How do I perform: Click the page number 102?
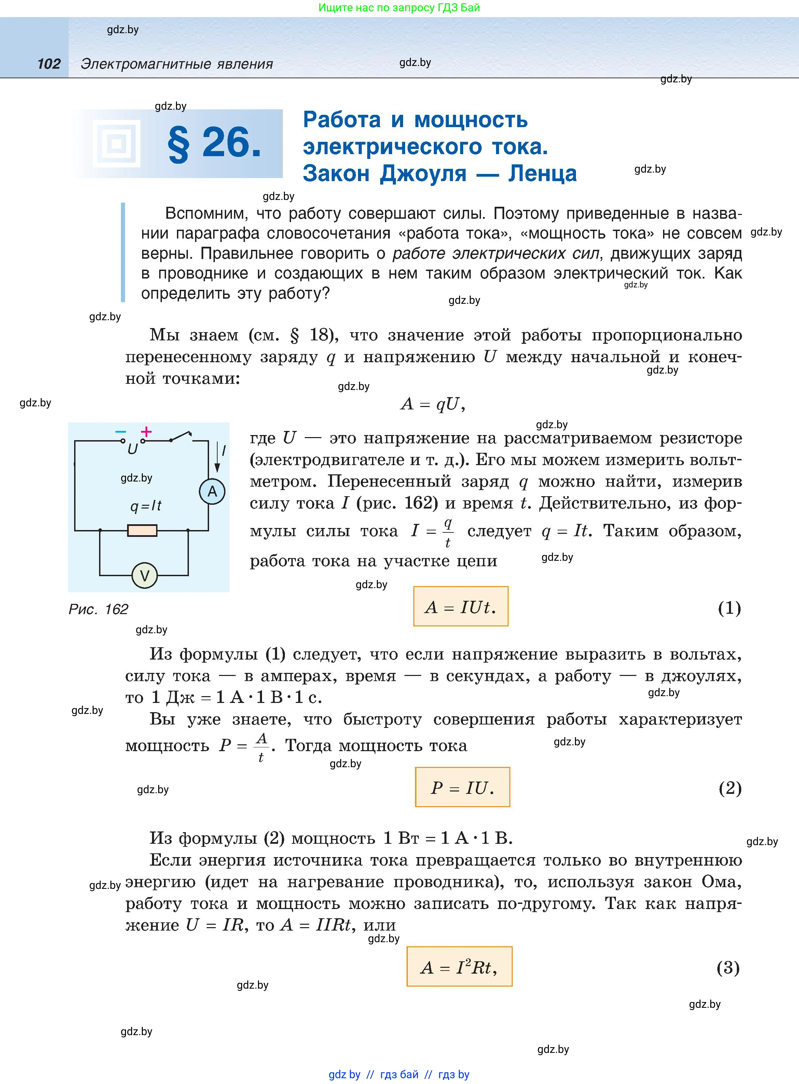click(x=49, y=64)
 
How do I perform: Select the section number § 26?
click(x=214, y=144)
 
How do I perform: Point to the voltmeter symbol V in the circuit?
click(x=144, y=575)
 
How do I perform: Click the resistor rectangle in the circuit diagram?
click(x=142, y=531)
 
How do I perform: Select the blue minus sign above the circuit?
click(x=121, y=432)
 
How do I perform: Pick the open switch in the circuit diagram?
click(x=180, y=437)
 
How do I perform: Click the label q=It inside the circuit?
click(x=146, y=506)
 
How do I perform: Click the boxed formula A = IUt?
click(x=460, y=607)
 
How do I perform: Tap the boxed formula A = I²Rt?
click(x=459, y=966)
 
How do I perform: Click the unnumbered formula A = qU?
click(x=433, y=404)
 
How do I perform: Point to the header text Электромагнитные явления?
click(x=177, y=64)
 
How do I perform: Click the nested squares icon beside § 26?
click(x=116, y=144)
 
